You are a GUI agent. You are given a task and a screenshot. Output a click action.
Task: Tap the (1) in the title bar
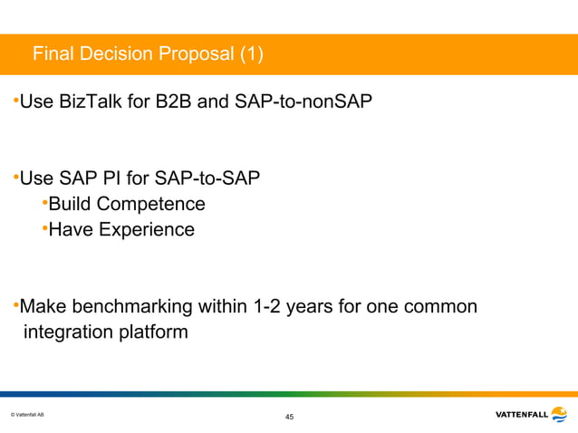[252, 56]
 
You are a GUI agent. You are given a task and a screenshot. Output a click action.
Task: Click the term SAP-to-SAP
[211, 177]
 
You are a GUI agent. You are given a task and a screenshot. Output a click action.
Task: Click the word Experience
[145, 229]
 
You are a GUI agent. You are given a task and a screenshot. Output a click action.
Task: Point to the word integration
[68, 332]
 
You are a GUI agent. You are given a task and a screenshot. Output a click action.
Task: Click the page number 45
[289, 417]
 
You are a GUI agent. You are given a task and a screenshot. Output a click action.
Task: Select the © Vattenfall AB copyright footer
[26, 414]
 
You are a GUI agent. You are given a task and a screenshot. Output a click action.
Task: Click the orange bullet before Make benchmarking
[15, 304]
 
